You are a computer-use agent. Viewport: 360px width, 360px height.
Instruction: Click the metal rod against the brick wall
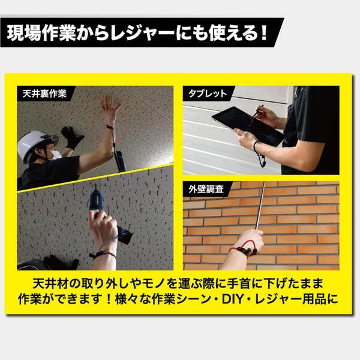coord(259,204)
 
